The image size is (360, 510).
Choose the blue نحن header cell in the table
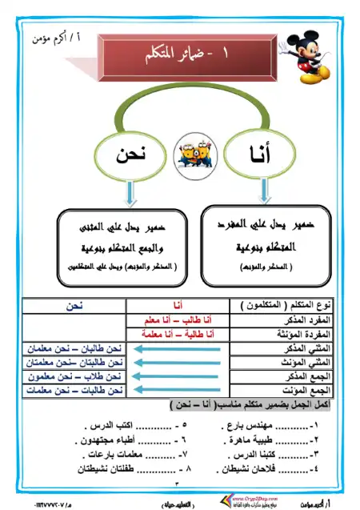click(x=74, y=306)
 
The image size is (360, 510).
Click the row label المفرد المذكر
click(x=305, y=319)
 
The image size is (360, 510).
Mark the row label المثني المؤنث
click(x=305, y=362)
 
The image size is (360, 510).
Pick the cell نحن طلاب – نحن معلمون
click(x=73, y=376)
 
